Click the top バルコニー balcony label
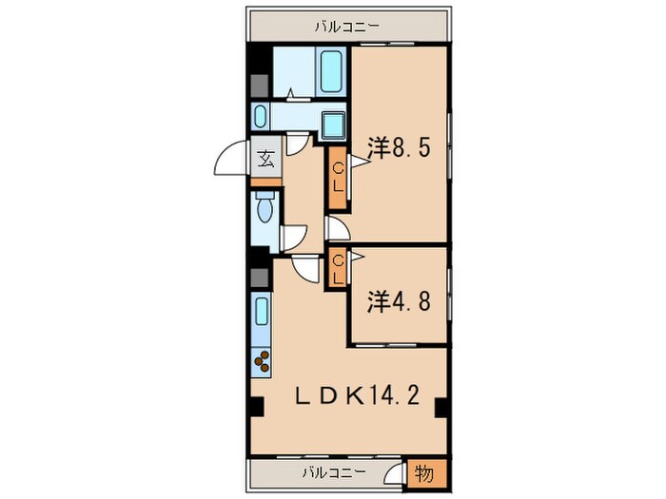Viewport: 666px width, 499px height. (x=346, y=28)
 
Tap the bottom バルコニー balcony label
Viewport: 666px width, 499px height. (x=334, y=472)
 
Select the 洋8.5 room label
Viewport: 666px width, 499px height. (x=400, y=148)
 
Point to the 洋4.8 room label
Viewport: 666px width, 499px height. (x=400, y=301)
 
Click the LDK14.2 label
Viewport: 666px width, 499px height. (x=358, y=395)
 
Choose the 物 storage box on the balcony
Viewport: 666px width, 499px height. (x=424, y=473)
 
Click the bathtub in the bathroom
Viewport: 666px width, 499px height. (x=331, y=71)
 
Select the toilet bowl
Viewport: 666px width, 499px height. (x=264, y=207)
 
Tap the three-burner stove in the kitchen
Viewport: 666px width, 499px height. (x=262, y=362)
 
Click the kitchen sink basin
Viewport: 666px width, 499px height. (x=262, y=311)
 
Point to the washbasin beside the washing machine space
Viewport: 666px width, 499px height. (x=260, y=117)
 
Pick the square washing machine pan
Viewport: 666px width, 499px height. (x=333, y=125)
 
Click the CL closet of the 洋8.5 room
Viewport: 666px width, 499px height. (x=338, y=178)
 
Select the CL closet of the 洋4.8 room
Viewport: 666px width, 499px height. (x=338, y=268)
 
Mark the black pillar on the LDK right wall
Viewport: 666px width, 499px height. (x=441, y=408)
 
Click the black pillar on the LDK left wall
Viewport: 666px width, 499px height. (x=257, y=407)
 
